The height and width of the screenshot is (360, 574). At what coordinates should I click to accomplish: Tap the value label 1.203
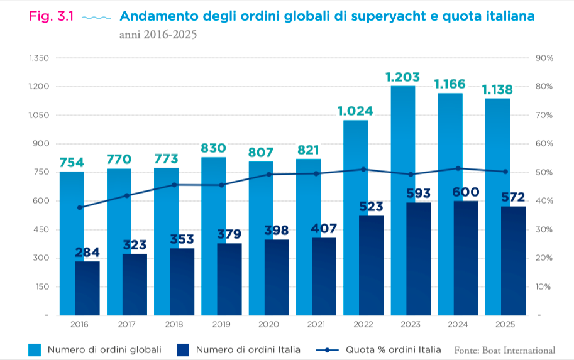tap(402, 77)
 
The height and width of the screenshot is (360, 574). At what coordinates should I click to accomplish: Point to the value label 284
tap(87, 253)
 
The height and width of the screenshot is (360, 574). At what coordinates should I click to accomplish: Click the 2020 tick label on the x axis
tap(268, 324)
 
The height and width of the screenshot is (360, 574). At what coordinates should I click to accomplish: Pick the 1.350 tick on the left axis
tap(38, 58)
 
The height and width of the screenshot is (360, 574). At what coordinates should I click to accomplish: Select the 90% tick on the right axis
tap(543, 58)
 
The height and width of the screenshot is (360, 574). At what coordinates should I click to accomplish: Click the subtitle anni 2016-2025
tap(158, 35)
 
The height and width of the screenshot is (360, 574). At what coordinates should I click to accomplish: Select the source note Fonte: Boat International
tap(504, 350)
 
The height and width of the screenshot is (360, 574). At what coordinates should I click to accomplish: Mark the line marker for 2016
tap(80, 207)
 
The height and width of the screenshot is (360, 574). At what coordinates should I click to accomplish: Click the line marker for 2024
tap(458, 168)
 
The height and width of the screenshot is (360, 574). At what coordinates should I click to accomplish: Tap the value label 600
tap(466, 192)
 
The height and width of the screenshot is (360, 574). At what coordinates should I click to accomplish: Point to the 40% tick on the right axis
tap(543, 201)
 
